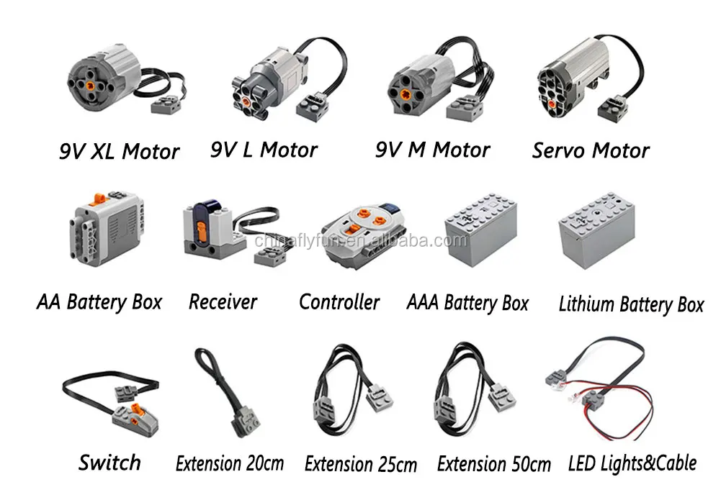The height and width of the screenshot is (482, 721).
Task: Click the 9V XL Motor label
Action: (x=119, y=151)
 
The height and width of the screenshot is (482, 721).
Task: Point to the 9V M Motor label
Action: (x=432, y=150)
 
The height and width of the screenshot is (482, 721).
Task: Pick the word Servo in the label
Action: (x=558, y=150)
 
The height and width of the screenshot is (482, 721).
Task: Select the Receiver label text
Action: (x=223, y=301)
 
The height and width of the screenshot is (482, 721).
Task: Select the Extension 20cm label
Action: (x=230, y=463)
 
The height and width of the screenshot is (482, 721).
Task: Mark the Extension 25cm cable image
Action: (x=353, y=392)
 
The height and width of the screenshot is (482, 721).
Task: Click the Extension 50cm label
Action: (x=494, y=463)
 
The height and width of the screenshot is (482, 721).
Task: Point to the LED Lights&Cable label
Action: (x=633, y=462)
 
